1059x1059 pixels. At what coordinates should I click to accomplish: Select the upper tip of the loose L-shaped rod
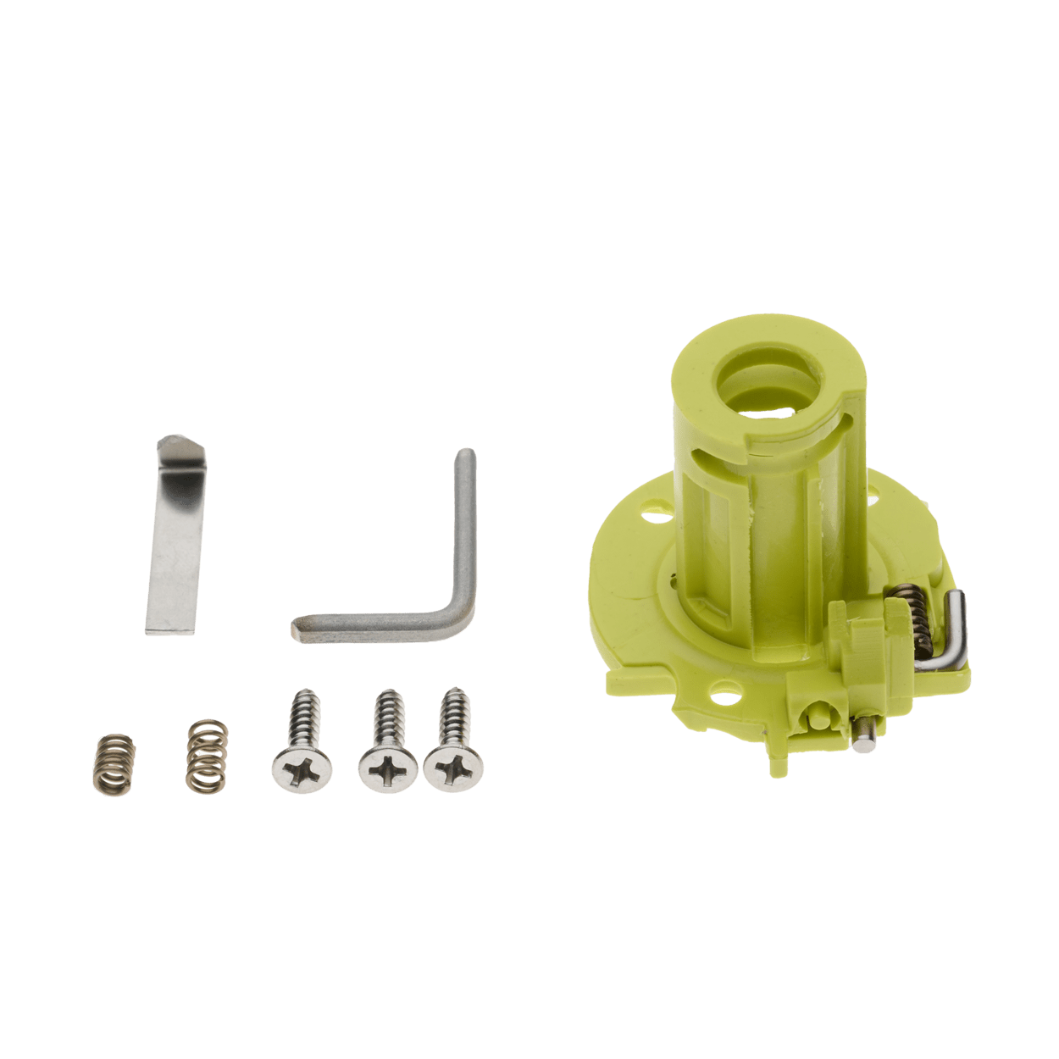coord(464,458)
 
